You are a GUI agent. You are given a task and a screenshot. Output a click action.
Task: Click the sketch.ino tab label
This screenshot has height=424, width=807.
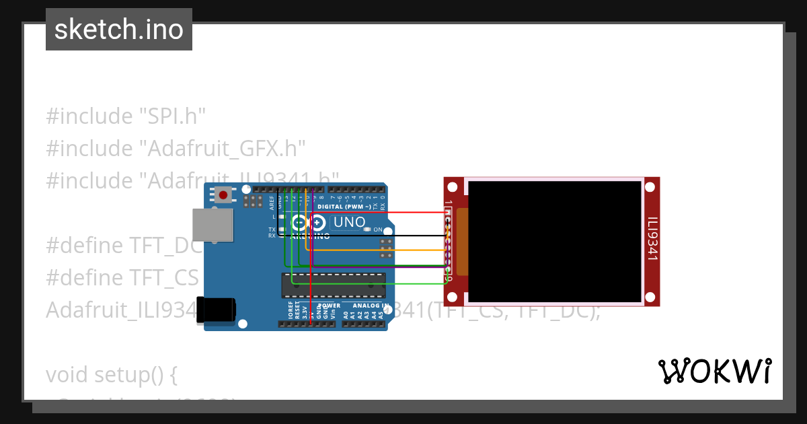click(118, 30)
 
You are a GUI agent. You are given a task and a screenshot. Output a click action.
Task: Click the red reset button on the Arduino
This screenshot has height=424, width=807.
click(223, 195)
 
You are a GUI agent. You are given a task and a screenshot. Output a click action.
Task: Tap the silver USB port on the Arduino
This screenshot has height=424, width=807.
click(213, 224)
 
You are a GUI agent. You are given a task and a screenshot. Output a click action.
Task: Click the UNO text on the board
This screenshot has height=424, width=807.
click(350, 222)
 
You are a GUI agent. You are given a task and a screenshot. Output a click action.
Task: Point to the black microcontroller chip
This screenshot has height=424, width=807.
click(334, 285)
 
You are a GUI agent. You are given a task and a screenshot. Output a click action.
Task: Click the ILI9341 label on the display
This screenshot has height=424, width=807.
click(652, 238)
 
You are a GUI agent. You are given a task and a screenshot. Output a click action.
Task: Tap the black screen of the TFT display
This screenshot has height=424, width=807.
click(555, 241)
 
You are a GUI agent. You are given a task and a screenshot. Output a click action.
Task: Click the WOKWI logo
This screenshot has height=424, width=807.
click(714, 371)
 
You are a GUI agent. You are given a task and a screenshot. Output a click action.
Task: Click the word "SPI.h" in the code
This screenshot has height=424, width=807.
click(172, 116)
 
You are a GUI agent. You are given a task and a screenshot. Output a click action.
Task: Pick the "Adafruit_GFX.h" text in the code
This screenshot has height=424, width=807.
click(223, 148)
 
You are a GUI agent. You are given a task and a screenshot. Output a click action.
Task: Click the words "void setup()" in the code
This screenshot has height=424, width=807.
click(112, 374)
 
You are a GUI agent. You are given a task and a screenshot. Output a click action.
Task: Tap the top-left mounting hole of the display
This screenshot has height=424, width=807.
click(453, 186)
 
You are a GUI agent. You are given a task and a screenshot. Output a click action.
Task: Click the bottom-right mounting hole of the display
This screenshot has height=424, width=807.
click(651, 297)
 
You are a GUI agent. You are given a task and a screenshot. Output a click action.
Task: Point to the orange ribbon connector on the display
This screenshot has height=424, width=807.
click(462, 240)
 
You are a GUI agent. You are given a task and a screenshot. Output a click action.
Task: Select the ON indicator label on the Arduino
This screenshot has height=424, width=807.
click(378, 229)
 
